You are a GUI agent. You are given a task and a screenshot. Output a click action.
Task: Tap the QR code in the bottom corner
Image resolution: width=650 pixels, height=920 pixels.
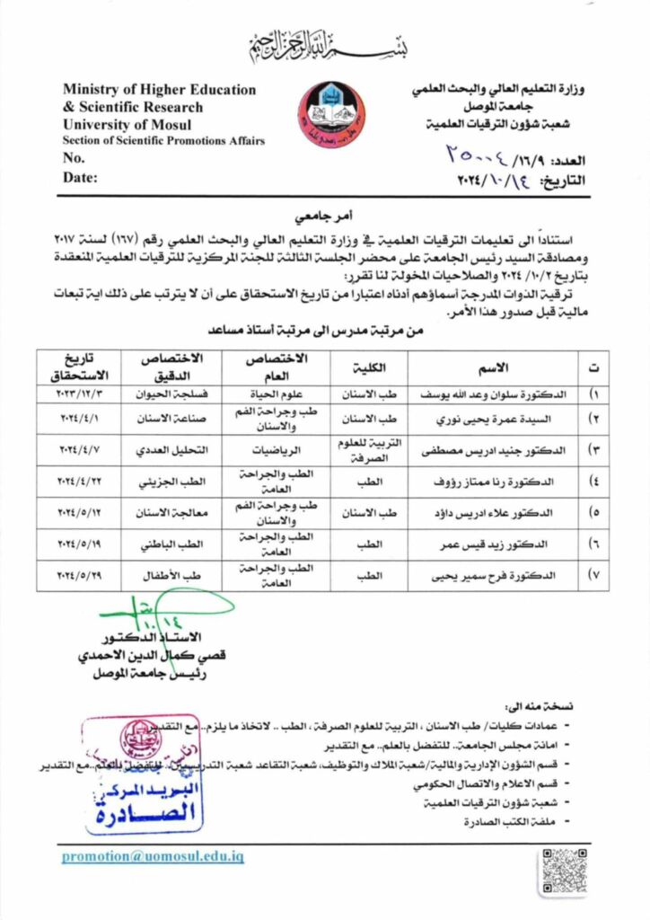(564, 870)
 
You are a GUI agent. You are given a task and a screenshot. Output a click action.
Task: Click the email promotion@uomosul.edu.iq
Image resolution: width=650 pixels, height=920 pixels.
(153, 856)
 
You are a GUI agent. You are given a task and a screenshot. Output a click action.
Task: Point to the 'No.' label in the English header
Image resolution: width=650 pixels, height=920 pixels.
(74, 158)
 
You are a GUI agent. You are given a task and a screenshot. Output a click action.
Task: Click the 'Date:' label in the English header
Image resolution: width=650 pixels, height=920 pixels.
(80, 177)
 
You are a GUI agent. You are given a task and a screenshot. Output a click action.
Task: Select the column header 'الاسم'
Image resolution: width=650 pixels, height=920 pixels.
(492, 367)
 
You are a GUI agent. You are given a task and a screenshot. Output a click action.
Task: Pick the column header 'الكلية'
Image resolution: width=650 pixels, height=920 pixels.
(369, 367)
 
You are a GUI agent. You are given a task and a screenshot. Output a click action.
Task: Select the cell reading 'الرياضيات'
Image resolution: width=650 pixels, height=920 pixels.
(276, 449)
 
